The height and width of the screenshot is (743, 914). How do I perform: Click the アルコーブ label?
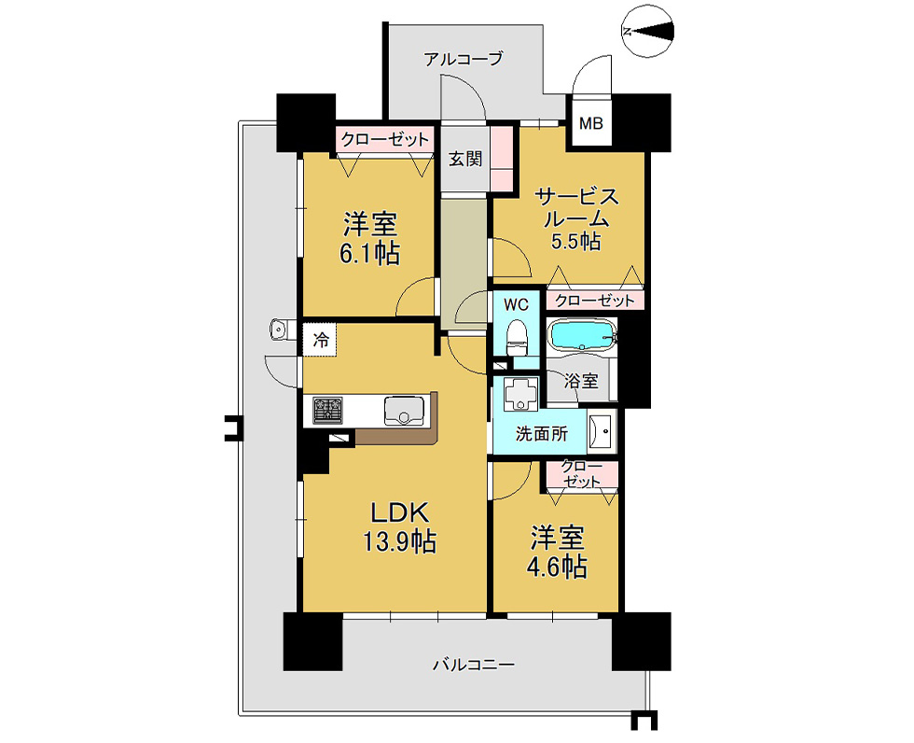click(x=464, y=59)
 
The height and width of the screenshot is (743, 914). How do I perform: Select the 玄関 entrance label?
click(x=465, y=159)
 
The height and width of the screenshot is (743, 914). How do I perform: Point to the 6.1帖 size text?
click(x=369, y=254)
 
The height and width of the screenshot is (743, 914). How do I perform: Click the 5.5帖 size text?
click(x=576, y=240)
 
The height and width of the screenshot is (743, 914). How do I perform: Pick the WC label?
click(x=516, y=304)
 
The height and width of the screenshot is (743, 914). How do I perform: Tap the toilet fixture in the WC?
click(x=517, y=338)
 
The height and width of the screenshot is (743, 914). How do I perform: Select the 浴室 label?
click(x=581, y=382)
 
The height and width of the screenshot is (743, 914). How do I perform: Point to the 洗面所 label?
click(x=542, y=433)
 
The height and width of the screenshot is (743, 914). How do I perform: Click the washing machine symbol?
click(x=520, y=393)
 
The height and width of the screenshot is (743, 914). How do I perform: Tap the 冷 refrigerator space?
click(x=320, y=340)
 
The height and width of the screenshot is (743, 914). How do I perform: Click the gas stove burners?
click(x=328, y=410)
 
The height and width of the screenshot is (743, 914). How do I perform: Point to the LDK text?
click(x=400, y=512)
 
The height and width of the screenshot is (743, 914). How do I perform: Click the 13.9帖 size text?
click(x=400, y=541)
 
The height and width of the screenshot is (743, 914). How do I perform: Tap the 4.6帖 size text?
click(x=557, y=567)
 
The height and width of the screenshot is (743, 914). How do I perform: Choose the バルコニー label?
click(x=474, y=665)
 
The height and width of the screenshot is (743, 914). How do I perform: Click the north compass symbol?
click(x=648, y=32)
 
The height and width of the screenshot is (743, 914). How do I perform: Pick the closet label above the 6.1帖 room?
click(x=385, y=140)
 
